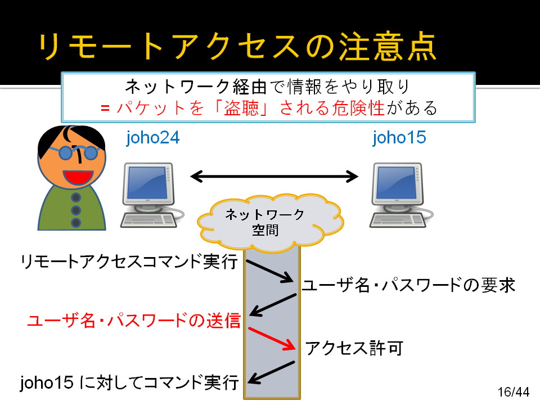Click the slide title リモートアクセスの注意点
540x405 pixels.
(x=237, y=47)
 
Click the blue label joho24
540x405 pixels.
(x=153, y=138)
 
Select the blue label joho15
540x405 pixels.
(x=399, y=138)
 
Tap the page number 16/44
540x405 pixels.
(x=514, y=392)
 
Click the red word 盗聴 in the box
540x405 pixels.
(x=241, y=108)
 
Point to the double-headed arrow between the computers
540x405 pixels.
(x=274, y=177)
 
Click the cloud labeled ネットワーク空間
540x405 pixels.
(x=271, y=222)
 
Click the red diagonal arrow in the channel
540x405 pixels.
(x=272, y=339)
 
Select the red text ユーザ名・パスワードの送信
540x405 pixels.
(x=134, y=320)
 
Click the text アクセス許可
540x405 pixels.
(x=354, y=348)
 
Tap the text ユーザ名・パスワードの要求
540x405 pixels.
(x=408, y=285)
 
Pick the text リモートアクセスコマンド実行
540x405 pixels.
(x=129, y=262)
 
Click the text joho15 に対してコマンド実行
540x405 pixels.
(x=129, y=382)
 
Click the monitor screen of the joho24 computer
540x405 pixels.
(x=147, y=183)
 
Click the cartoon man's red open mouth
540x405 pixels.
(x=78, y=177)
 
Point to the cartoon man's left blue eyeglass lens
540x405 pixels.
(x=66, y=152)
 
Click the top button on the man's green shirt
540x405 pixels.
(x=76, y=197)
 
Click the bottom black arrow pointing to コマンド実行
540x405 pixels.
(x=271, y=372)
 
